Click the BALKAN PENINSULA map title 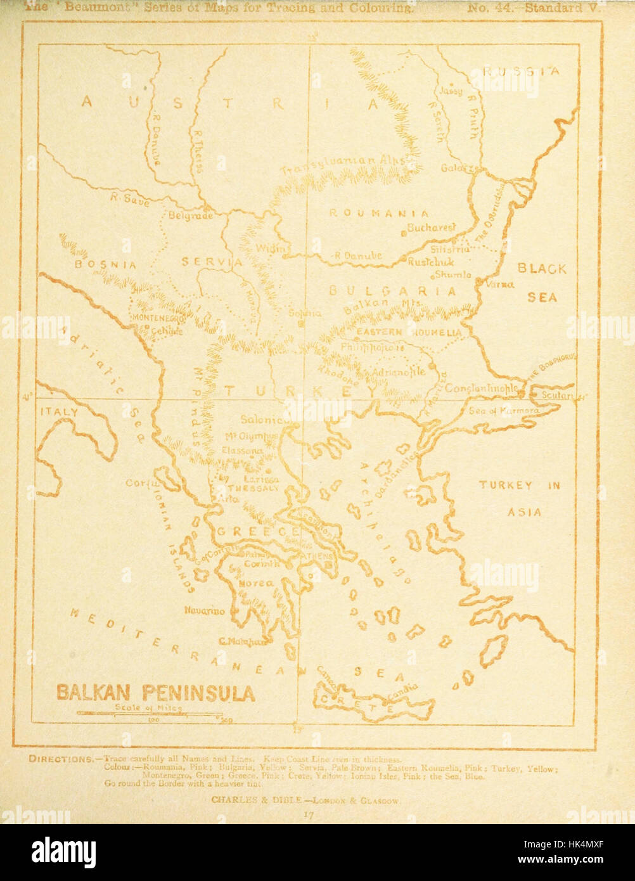tap(156, 692)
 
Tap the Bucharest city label tap(432, 228)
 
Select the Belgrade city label tap(190, 215)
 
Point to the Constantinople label tap(482, 387)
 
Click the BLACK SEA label tap(542, 282)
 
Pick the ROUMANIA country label tap(378, 214)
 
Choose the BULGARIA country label tap(392, 291)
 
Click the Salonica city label tap(265, 420)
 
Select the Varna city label tap(499, 285)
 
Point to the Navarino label tap(204, 611)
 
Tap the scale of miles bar tap(152, 714)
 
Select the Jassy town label tap(451, 91)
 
